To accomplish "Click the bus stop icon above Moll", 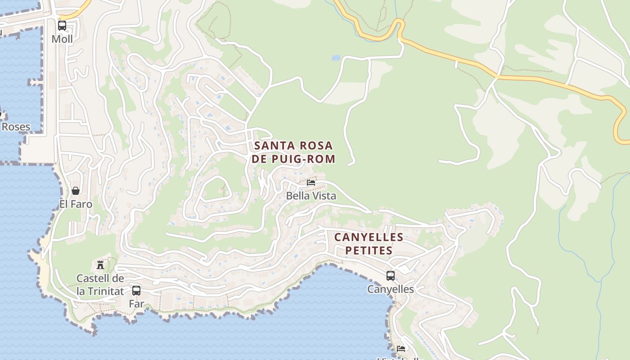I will point(62,26).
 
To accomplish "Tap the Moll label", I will point(62,39).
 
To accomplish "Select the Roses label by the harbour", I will point(16,127).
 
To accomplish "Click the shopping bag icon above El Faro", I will point(76,191).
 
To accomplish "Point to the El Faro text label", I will point(76,204).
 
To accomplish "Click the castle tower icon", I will point(100,265).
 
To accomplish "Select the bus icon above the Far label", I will point(136,290).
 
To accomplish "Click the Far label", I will point(136,304).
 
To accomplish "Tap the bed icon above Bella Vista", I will point(311,183).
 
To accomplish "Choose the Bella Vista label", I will point(311,196).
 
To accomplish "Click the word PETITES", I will point(369,251).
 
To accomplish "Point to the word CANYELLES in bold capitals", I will point(369,237).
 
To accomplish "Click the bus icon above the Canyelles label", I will point(391,275).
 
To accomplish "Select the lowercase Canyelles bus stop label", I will point(391,289).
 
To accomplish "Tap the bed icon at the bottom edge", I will point(401,348).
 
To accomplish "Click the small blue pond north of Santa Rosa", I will point(336,58).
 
